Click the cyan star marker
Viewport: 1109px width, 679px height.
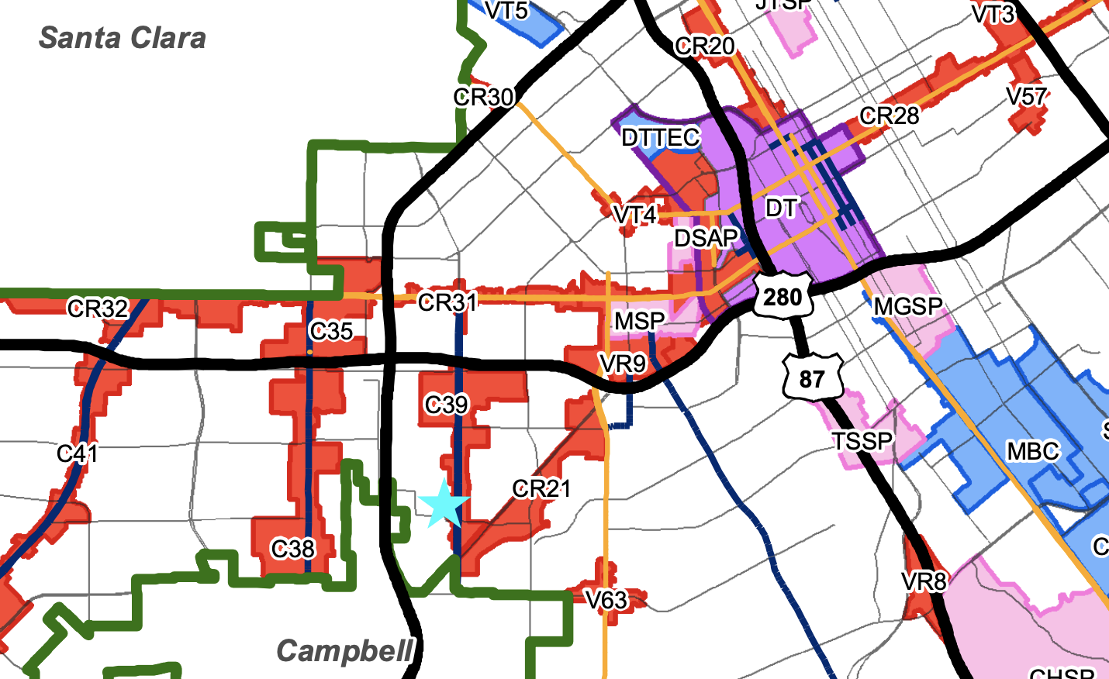(444, 504)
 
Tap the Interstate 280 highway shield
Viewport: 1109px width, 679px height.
(782, 295)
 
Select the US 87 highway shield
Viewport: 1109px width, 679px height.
(811, 377)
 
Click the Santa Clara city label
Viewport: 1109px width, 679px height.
(123, 38)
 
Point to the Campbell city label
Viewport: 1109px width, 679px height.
(344, 651)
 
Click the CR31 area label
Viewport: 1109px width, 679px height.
(447, 302)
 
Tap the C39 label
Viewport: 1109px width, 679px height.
(446, 404)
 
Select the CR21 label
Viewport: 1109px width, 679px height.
(541, 488)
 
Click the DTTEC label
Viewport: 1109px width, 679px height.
(661, 138)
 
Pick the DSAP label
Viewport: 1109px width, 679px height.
(706, 238)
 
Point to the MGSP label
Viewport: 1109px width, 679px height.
(907, 307)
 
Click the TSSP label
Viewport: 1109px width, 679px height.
(862, 441)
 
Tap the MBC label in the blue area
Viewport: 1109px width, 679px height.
(1033, 451)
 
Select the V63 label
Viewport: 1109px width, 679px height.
(606, 599)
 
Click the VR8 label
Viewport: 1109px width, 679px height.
(924, 581)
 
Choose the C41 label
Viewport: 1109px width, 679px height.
(78, 453)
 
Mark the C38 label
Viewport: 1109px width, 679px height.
(292, 549)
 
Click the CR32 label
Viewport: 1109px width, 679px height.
(98, 308)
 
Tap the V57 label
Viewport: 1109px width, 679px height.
(1027, 97)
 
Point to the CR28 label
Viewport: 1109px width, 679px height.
(889, 116)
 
